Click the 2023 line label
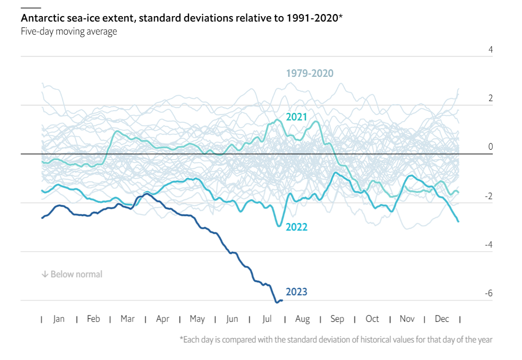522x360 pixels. (x=296, y=292)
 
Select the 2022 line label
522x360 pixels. (x=296, y=227)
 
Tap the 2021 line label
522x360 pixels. (x=296, y=117)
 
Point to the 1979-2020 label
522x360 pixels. (x=310, y=73)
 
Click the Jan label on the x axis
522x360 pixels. (x=59, y=319)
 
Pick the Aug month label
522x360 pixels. (x=303, y=319)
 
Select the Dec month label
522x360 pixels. (x=442, y=319)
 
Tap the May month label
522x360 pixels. (x=197, y=319)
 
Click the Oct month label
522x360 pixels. (x=372, y=319)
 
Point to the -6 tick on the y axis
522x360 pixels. (x=488, y=293)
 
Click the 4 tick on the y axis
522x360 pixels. (x=491, y=49)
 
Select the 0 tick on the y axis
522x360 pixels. (x=491, y=147)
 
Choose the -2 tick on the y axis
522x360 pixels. (x=488, y=196)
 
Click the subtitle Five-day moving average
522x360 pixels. (x=69, y=32)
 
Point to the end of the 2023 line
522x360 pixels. (x=282, y=300)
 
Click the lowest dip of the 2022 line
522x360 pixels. (x=279, y=226)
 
